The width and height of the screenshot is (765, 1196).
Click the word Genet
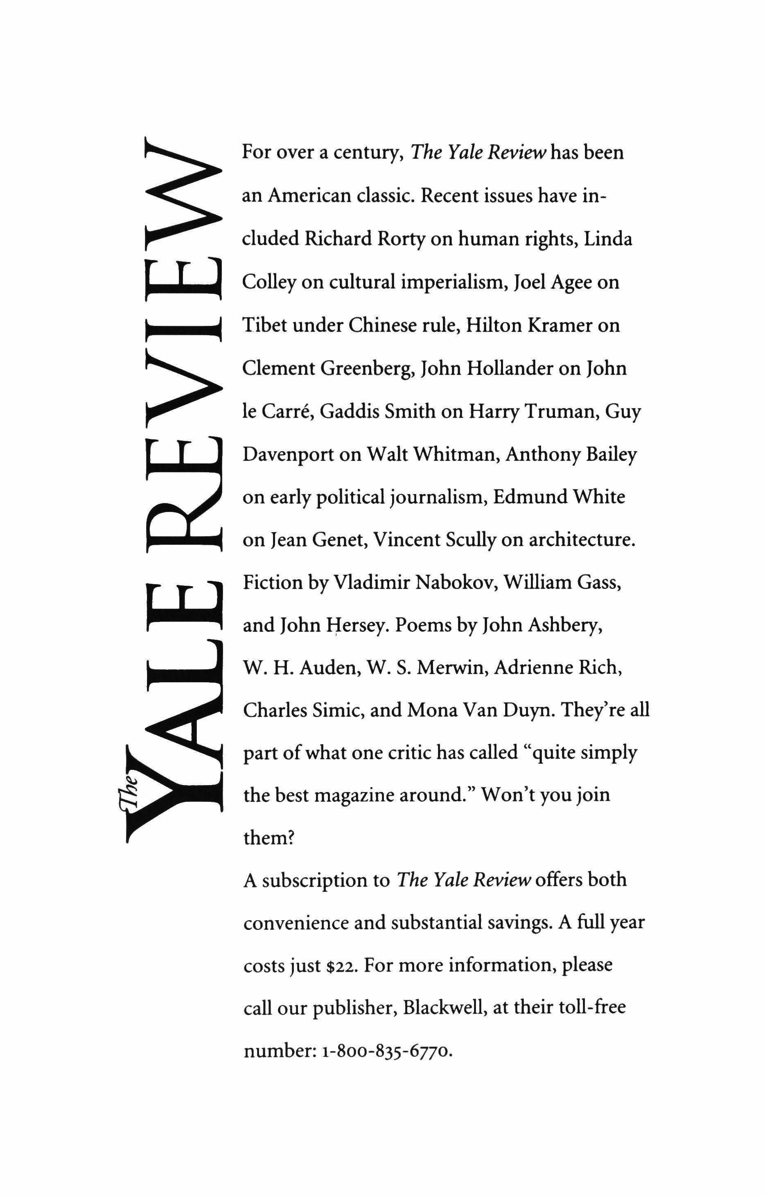click(x=339, y=539)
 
